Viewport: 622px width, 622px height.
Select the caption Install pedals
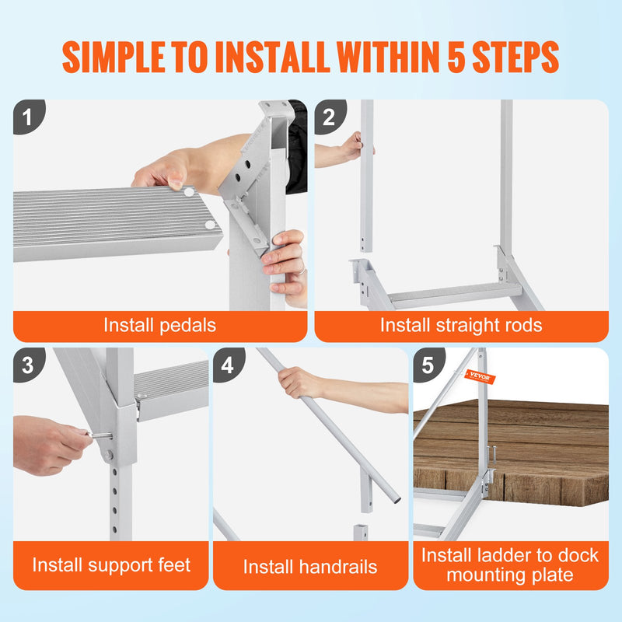tap(160, 324)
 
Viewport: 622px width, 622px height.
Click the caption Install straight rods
tap(461, 324)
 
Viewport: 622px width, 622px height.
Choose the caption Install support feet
tap(111, 564)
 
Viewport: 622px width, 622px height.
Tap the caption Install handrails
tap(310, 567)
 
